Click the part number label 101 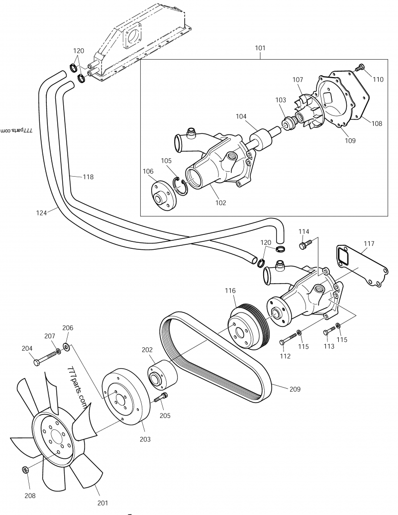pos(260,48)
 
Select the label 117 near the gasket pos(369,244)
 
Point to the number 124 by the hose pos(42,213)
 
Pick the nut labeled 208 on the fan pos(25,469)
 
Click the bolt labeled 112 pos(287,340)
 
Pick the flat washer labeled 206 pos(67,346)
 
